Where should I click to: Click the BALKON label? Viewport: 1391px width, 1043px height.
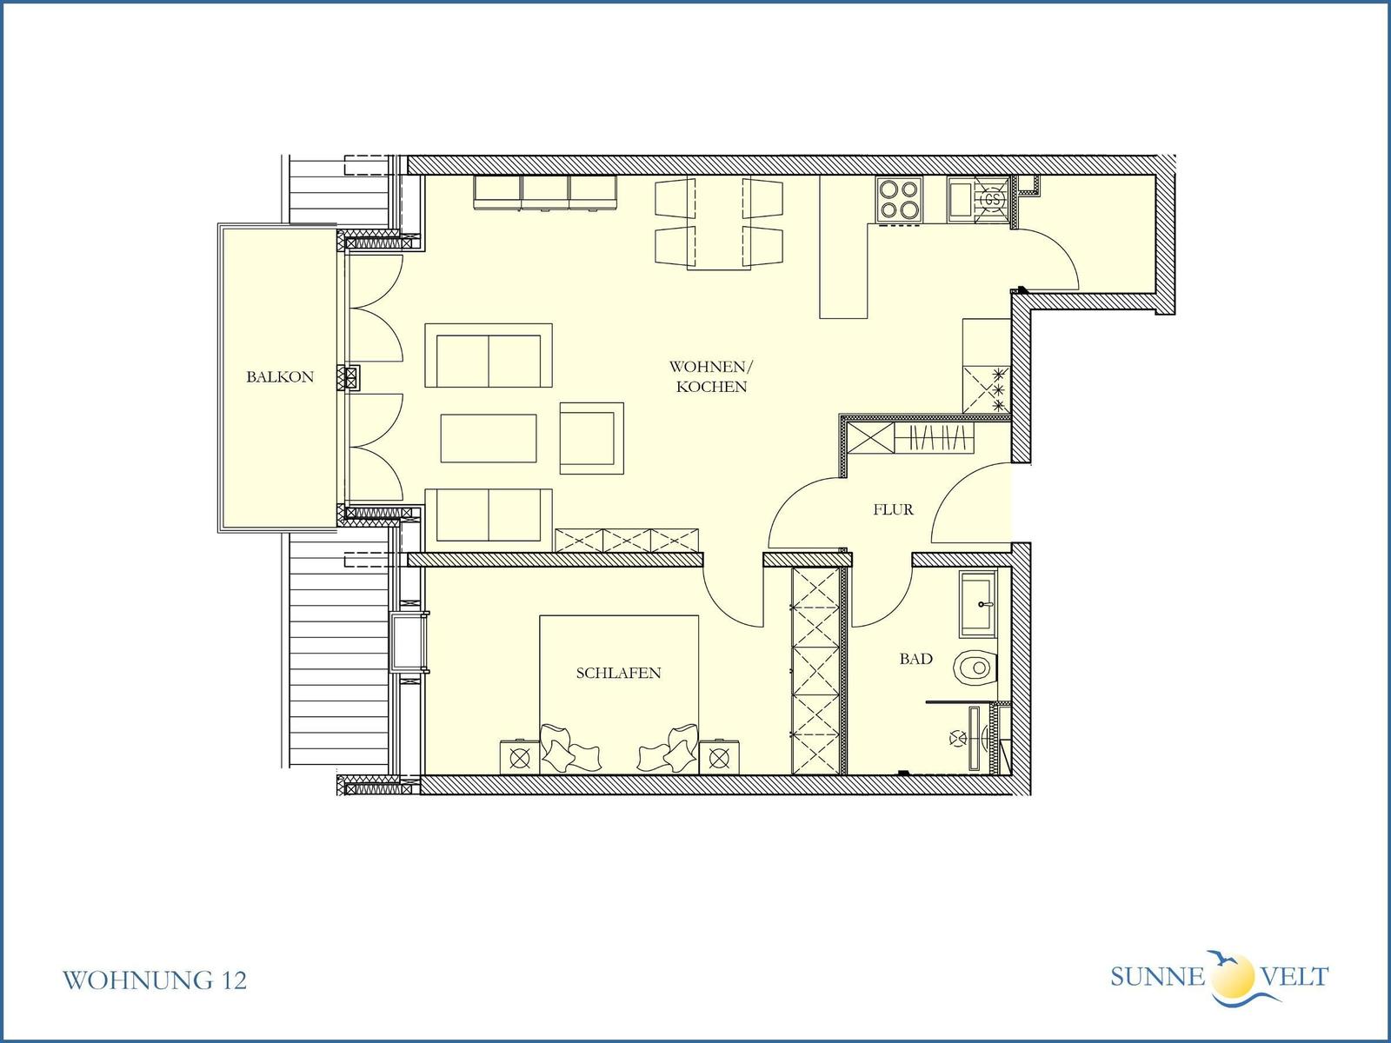(x=279, y=377)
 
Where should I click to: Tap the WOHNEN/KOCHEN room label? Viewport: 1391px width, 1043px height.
(x=711, y=377)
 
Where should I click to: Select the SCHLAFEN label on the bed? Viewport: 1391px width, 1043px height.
(x=618, y=673)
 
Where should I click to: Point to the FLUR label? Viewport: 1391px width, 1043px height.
(x=893, y=509)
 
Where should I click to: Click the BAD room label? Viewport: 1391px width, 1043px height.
(x=915, y=659)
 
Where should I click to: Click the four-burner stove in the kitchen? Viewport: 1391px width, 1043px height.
(x=899, y=200)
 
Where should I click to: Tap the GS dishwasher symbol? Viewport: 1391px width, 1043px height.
(x=993, y=200)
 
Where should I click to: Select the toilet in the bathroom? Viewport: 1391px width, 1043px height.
(x=976, y=668)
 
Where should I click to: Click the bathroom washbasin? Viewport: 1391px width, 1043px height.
(x=978, y=603)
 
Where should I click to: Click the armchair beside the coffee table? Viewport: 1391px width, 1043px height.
(x=591, y=438)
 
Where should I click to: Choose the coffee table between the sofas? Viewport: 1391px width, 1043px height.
(x=489, y=438)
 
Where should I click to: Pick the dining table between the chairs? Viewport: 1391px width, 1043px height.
(x=719, y=223)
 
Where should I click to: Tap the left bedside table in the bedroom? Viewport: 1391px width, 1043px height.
(x=520, y=757)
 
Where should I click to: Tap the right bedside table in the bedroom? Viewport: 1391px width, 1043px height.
(x=719, y=757)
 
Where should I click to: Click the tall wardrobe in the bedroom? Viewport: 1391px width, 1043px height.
(x=815, y=671)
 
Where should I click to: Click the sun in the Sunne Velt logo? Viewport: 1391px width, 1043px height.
(x=1233, y=976)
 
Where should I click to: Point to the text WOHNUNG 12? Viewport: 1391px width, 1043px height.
(x=155, y=980)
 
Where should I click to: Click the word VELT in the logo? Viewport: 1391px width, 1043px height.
(x=1294, y=977)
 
